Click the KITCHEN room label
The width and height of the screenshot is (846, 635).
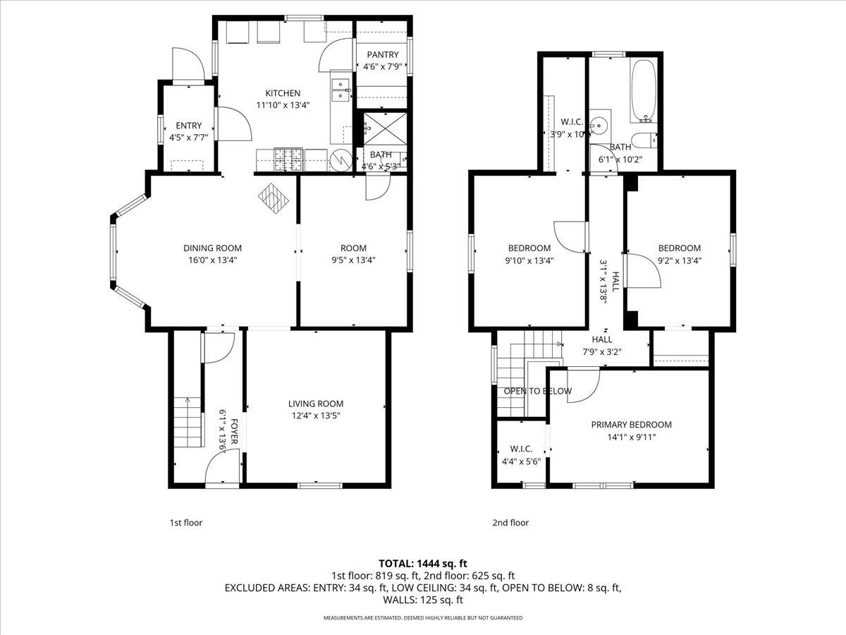coord(283,93)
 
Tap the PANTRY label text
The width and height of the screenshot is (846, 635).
coord(382,55)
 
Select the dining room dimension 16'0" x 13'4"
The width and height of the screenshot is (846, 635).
coord(212,260)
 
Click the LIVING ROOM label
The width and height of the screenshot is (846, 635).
coord(315,404)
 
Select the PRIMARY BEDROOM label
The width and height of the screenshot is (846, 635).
coord(631,425)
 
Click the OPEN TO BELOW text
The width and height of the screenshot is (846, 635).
coord(537,391)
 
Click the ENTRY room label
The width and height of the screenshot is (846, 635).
coord(188,126)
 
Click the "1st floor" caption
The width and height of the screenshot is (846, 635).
coord(185,523)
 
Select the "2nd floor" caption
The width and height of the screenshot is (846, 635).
coord(510,523)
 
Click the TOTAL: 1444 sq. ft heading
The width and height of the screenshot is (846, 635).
coord(423,563)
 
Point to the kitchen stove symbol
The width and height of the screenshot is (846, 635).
coord(290,159)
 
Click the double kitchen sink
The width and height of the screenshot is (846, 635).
coord(341,89)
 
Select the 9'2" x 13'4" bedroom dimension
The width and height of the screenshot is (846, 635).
coord(679,260)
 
